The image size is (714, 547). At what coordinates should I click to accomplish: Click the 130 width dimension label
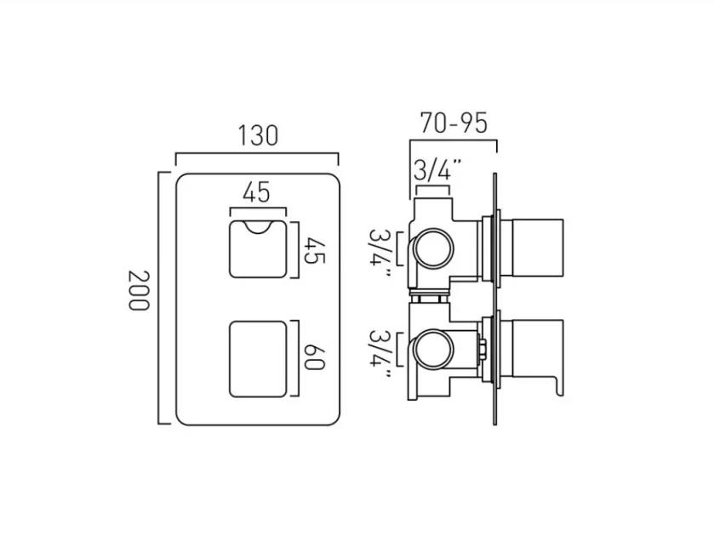click(x=256, y=136)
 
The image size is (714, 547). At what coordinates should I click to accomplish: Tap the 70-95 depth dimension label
click(x=454, y=123)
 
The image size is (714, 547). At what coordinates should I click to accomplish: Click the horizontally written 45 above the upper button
click(x=256, y=192)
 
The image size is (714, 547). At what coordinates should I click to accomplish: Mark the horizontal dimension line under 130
click(x=256, y=154)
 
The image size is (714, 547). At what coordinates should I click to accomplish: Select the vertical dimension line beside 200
click(x=159, y=298)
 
